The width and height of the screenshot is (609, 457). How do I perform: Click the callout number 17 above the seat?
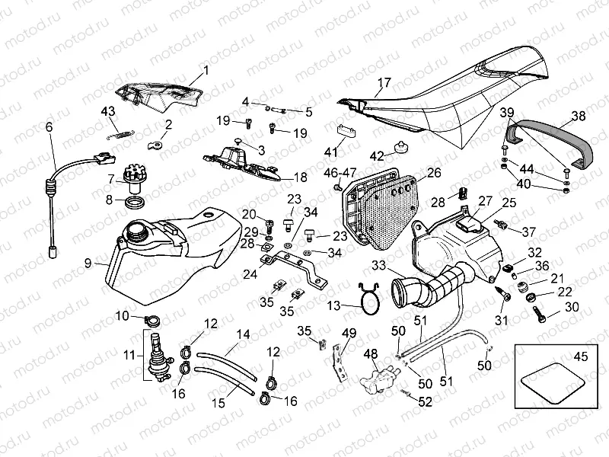point(384,82)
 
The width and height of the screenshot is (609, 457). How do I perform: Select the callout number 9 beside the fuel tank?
point(88,263)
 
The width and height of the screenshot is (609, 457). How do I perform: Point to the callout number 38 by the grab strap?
point(579,117)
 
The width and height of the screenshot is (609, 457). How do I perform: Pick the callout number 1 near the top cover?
point(205,75)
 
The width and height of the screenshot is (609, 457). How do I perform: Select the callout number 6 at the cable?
point(50,127)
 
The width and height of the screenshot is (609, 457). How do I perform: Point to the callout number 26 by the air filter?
point(433,173)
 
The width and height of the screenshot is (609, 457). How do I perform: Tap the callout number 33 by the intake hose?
point(378,265)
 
